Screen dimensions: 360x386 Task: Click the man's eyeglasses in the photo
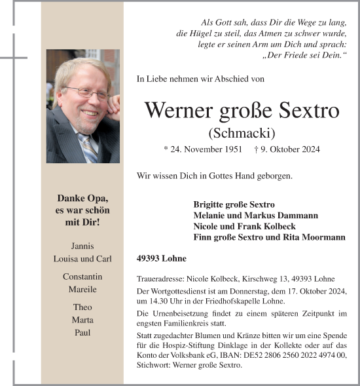(86, 92)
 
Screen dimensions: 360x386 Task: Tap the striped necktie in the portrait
(89, 148)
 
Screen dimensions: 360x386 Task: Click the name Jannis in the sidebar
(82, 246)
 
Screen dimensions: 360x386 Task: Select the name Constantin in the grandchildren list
(82, 276)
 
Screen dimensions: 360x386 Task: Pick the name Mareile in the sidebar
(82, 289)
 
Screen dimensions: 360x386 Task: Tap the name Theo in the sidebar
(82, 307)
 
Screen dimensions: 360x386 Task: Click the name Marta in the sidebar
(82, 320)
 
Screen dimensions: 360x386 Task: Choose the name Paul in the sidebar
(82, 332)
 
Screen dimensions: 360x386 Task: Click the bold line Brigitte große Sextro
(234, 204)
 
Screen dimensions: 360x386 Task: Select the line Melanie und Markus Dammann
(255, 215)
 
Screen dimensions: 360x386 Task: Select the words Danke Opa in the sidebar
(82, 198)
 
